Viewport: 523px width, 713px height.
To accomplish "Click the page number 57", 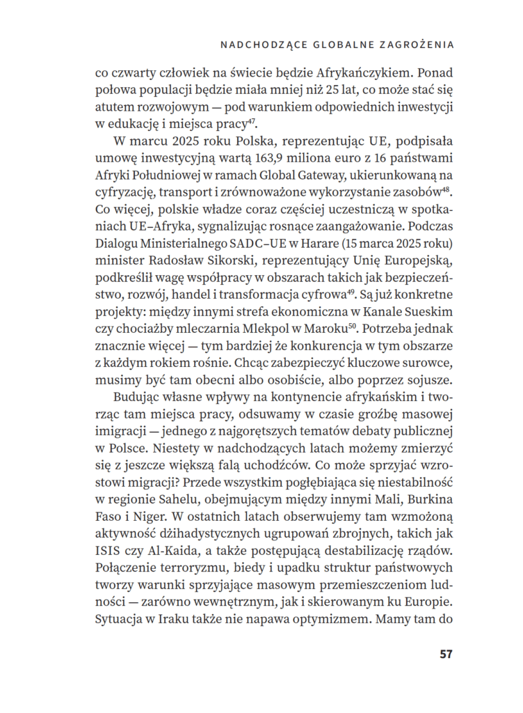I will pos(446,655).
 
